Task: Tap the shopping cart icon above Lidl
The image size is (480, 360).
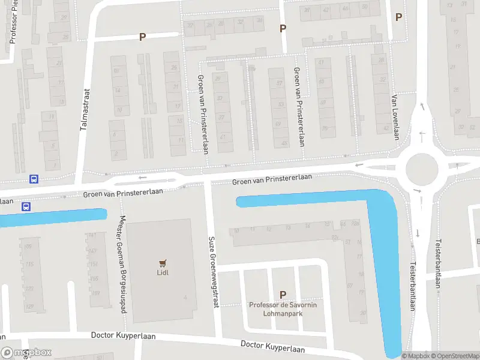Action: tap(161, 263)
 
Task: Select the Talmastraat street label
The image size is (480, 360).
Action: tap(84, 110)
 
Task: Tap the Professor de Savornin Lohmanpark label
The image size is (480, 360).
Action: tap(283, 309)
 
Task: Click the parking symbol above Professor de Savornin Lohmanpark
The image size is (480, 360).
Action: tap(283, 295)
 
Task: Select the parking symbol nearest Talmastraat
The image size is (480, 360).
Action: tap(143, 37)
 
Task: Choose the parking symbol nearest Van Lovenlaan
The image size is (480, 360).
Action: tap(398, 17)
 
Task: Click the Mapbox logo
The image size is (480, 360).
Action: tap(26, 353)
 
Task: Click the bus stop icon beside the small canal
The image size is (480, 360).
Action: tap(26, 206)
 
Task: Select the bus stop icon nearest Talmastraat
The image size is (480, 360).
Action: tap(34, 179)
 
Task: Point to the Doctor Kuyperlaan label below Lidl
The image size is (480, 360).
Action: tap(123, 336)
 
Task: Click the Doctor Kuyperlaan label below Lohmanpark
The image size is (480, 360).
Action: tap(272, 346)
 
